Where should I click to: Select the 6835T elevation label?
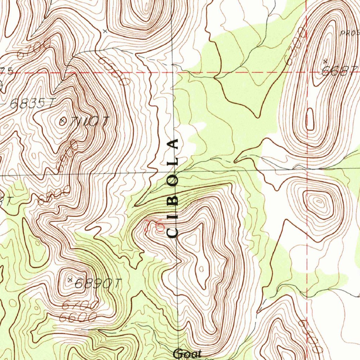(32, 103)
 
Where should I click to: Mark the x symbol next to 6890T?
(70, 279)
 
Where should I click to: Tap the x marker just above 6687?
(325, 61)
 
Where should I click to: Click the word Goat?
(187, 353)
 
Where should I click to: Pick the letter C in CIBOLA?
(173, 232)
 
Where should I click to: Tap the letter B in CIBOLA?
(173, 200)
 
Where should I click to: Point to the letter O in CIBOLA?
(173, 181)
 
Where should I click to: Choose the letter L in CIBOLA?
(173, 162)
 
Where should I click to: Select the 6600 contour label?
(78, 317)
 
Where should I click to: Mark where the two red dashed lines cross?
(307, 72)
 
